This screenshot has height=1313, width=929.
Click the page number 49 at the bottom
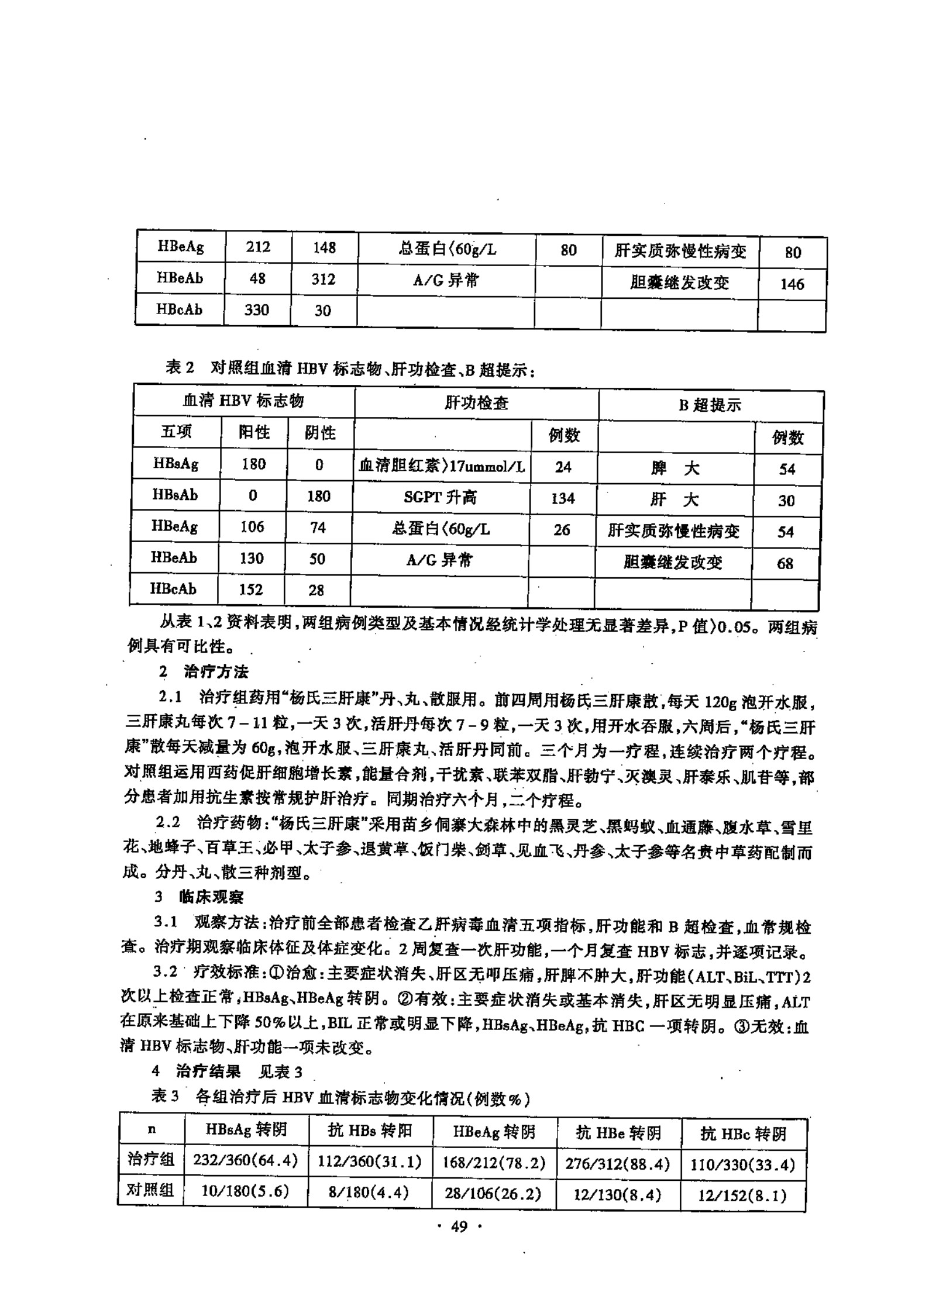point(459,1226)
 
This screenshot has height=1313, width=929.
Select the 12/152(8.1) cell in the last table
point(742,1195)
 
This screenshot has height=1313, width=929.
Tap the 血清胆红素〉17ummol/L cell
point(441,466)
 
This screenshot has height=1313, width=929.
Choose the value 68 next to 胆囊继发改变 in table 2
point(785,564)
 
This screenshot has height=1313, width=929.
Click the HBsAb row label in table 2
point(175,495)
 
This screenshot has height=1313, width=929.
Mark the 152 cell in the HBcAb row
point(251,590)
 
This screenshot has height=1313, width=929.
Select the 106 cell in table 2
point(252,526)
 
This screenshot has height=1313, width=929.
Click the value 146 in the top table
point(792,284)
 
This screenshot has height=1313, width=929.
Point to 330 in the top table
point(256,309)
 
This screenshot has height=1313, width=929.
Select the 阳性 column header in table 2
point(254,432)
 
